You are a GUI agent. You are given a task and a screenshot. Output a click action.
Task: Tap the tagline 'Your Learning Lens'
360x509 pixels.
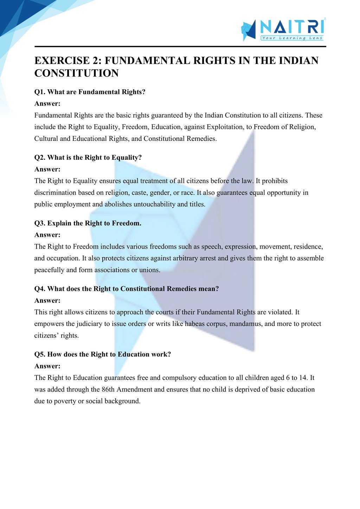click(292, 38)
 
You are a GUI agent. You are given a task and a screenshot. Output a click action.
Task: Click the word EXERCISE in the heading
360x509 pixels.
click(62, 61)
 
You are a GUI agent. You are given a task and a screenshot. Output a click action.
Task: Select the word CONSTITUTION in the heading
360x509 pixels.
click(76, 73)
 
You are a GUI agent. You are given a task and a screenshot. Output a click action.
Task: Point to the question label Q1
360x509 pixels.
click(39, 92)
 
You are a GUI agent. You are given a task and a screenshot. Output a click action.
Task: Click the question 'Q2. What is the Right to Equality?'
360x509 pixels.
click(88, 157)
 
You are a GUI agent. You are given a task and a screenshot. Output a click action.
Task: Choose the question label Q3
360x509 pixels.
click(39, 223)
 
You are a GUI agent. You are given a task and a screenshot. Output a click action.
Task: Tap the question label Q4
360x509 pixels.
click(39, 289)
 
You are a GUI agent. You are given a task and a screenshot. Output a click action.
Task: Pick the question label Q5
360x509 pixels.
click(39, 354)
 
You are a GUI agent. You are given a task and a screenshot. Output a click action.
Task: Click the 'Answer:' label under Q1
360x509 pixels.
click(47, 104)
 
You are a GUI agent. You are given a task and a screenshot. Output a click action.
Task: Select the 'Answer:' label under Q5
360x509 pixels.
click(47, 366)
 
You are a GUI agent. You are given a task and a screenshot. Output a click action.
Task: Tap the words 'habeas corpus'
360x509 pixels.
click(206, 324)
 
